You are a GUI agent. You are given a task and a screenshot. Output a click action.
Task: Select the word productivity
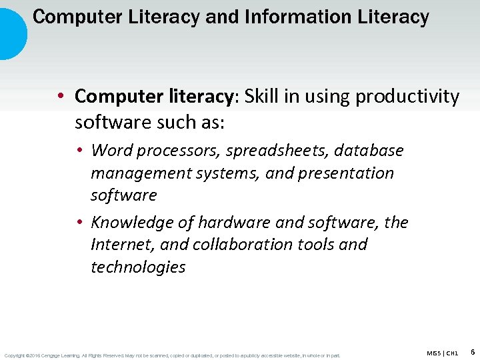pos(407,97)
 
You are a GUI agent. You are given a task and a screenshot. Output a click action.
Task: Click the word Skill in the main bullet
pos(263,97)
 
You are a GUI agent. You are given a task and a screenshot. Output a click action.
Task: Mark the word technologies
pos(138,267)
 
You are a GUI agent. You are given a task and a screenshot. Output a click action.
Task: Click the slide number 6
pos(472,351)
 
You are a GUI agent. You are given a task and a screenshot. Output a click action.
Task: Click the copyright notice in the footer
pos(172,355)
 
